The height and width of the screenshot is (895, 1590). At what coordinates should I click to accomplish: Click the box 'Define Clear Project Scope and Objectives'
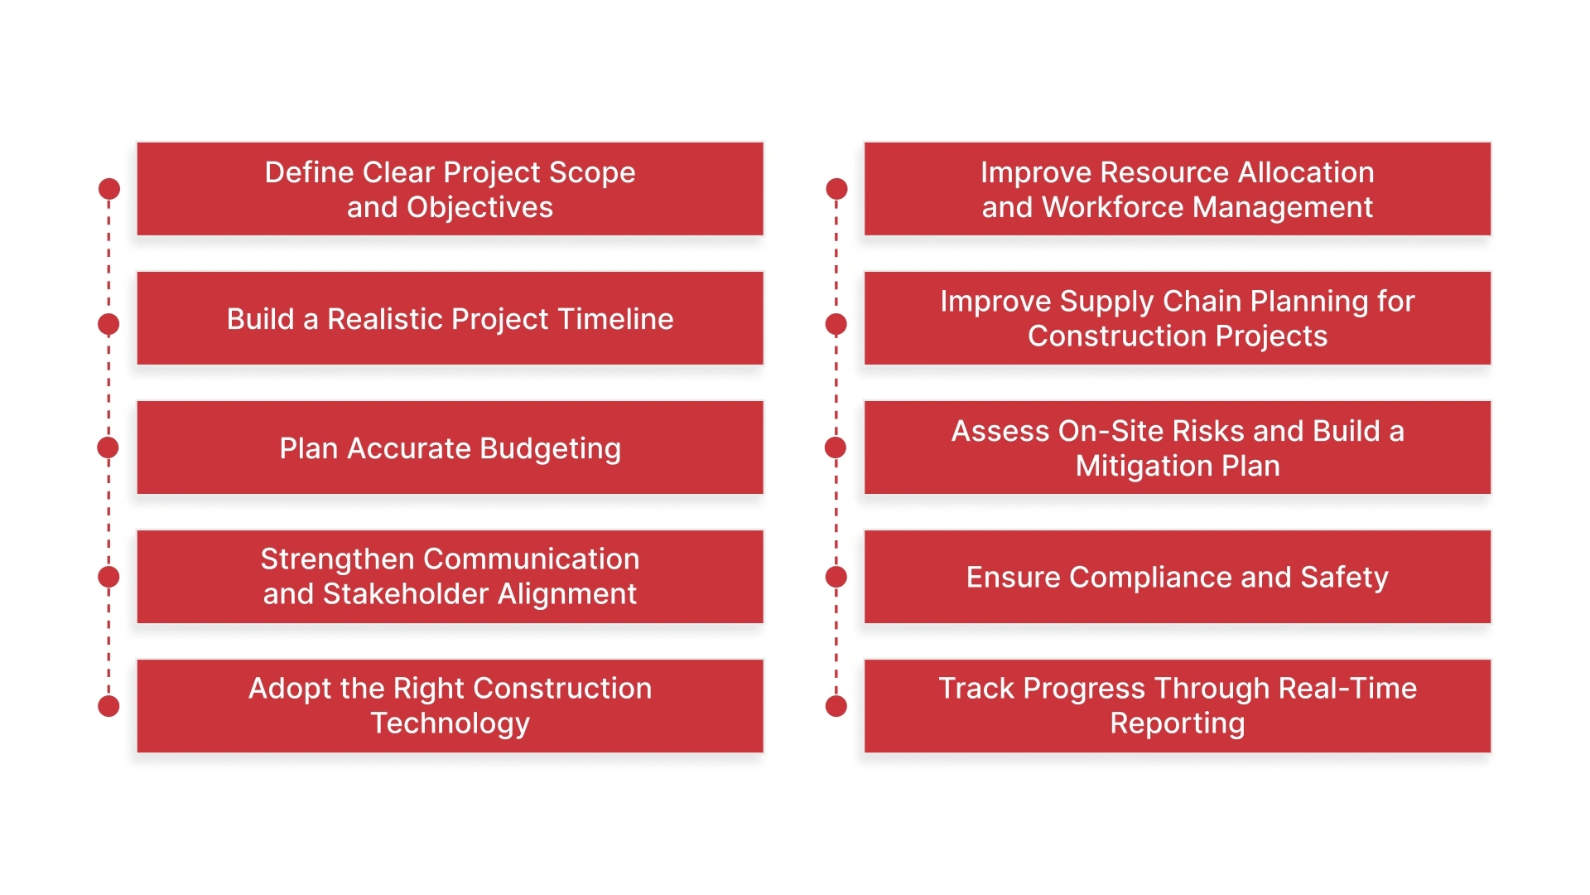tap(450, 189)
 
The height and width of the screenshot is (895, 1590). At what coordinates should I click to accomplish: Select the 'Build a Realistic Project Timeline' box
tap(450, 318)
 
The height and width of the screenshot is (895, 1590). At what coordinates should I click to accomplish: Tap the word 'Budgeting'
tap(550, 448)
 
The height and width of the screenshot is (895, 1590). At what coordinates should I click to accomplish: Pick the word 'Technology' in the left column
tap(450, 723)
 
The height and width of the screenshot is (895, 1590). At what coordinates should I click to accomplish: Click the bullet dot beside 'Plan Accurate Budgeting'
tap(108, 447)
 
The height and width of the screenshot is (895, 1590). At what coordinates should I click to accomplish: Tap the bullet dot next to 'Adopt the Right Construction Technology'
tap(108, 706)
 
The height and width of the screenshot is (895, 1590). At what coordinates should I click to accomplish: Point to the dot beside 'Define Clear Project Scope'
tap(108, 189)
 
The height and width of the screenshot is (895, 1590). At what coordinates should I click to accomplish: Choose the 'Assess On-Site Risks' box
tap(1177, 447)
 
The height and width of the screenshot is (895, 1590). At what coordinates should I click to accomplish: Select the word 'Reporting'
tap(1177, 723)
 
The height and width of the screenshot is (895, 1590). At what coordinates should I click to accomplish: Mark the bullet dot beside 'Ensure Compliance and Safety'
tap(836, 577)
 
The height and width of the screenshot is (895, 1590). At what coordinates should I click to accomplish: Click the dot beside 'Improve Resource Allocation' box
tap(836, 189)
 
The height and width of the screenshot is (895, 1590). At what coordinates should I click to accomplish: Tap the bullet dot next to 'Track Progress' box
tap(836, 706)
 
